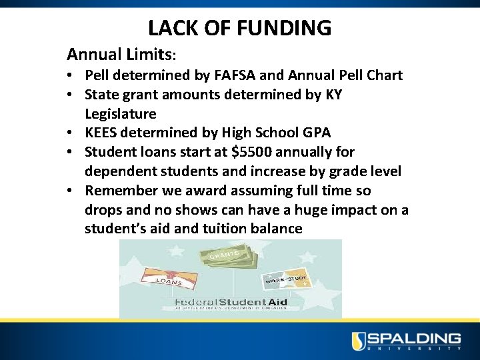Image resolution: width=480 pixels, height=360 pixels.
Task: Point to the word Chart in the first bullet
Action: (382, 75)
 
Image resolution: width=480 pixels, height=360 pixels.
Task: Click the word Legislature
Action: (120, 114)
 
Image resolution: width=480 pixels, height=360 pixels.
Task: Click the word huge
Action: (299, 210)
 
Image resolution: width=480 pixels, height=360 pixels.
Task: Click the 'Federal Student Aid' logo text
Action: (230, 303)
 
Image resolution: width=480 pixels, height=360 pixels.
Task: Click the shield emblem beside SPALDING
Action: (359, 340)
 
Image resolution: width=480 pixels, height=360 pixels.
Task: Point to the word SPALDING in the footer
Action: (415, 338)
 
